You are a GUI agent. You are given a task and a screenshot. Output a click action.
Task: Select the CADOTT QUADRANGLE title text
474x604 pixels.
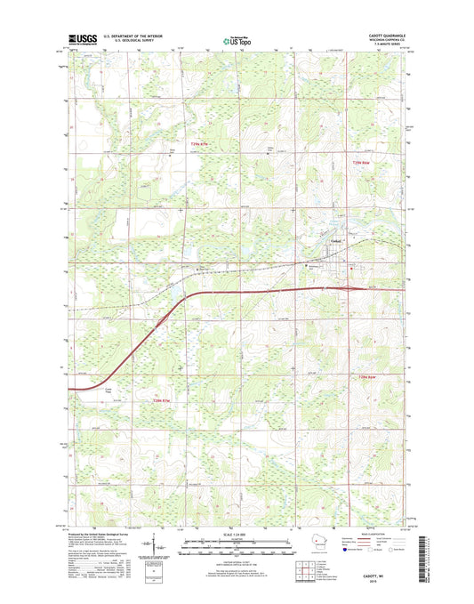pos(382,34)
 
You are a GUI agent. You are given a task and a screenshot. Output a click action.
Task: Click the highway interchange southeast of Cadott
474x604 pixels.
pos(358,287)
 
